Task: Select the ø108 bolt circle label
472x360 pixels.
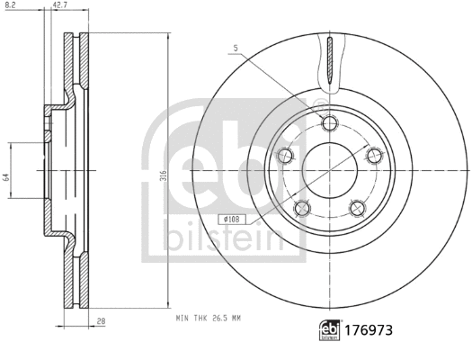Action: pos(231,218)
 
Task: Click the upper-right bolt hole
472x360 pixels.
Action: pos(372,156)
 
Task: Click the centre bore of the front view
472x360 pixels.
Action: pos(329,169)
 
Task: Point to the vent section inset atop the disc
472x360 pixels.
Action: pos(330,63)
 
